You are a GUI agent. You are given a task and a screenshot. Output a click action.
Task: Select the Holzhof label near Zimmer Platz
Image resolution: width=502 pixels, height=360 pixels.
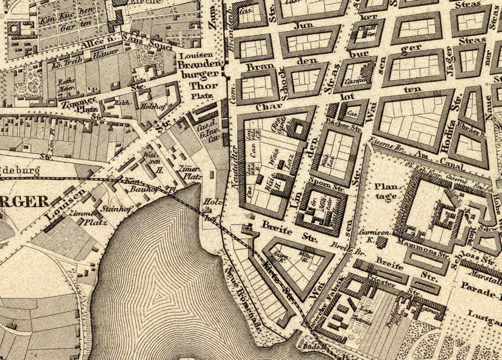150,106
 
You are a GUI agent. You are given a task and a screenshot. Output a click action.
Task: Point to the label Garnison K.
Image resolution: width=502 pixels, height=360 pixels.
369,235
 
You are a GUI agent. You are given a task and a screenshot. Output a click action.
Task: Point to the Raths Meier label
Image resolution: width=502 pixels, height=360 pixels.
66,85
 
